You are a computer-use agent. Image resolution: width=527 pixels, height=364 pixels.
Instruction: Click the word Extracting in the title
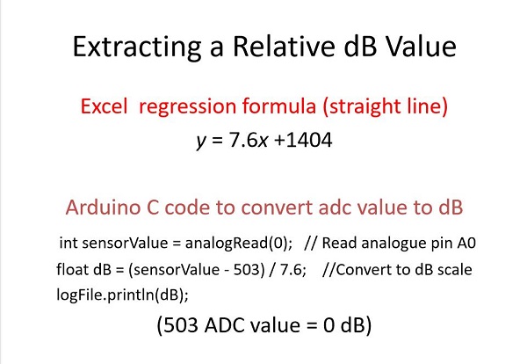(137, 47)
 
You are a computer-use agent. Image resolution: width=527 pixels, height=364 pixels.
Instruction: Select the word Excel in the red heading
(105, 106)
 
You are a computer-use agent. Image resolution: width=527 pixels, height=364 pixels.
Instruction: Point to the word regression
(188, 107)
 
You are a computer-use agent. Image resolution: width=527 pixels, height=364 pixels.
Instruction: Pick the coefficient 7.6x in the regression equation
(248, 140)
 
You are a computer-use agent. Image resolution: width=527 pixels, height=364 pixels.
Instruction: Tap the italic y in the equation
(200, 142)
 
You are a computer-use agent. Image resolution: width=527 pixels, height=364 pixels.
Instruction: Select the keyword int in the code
(68, 243)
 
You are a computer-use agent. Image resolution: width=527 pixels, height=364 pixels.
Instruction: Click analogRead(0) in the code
(239, 244)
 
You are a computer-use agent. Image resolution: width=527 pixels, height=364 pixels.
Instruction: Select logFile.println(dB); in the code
(122, 295)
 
